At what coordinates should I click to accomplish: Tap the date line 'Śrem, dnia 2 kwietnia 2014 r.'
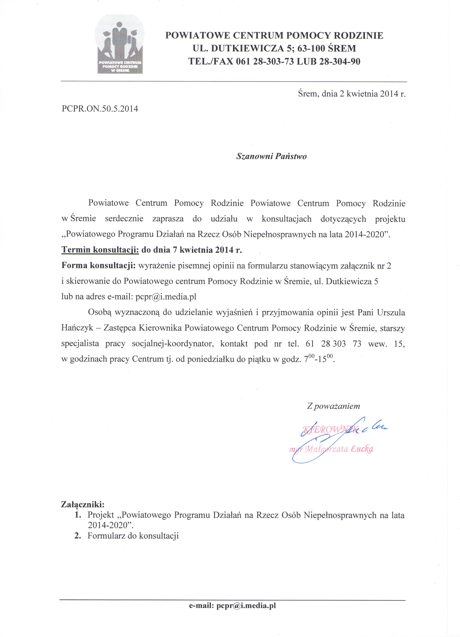352,94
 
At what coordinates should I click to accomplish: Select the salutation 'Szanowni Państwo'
271,156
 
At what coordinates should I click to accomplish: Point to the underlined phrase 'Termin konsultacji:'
100,250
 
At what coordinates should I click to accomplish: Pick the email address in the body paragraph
166,297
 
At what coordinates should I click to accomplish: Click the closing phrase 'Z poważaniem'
333,406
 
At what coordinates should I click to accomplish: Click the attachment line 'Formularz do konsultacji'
133,536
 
